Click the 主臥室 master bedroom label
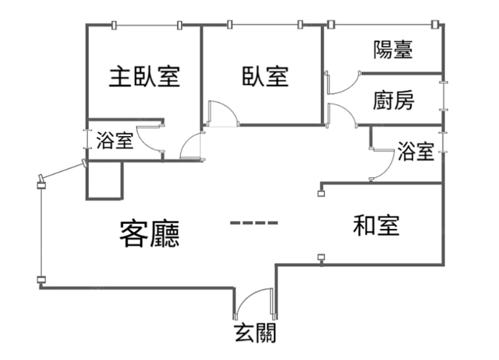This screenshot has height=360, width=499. [x=145, y=77]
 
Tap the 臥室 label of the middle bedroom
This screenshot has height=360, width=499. [x=265, y=77]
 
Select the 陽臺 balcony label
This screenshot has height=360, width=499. [x=393, y=49]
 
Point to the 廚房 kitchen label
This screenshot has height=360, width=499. [x=394, y=100]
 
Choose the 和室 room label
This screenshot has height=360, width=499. [x=375, y=225]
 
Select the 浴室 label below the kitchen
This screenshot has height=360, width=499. [x=415, y=151]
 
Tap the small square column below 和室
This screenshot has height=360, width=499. [x=321, y=257]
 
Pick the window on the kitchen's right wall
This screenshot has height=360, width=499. [x=443, y=96]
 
